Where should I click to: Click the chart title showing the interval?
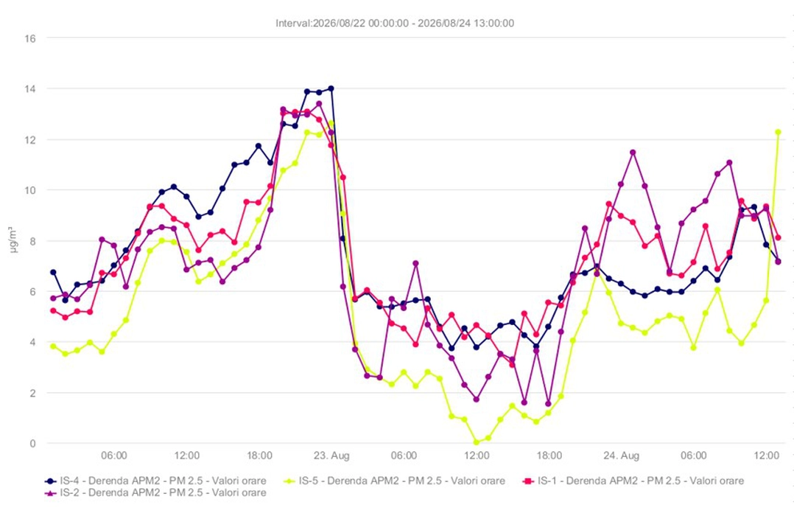pyautogui.click(x=395, y=24)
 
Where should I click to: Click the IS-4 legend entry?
pyautogui.click(x=155, y=481)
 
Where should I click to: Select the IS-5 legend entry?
pyautogui.click(x=395, y=481)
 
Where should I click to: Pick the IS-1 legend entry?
pyautogui.click(x=633, y=481)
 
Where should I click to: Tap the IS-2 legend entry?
pyautogui.click(x=155, y=492)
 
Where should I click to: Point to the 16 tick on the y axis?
pyautogui.click(x=30, y=38)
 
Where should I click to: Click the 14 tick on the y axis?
pyautogui.click(x=30, y=88)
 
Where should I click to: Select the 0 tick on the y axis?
pyautogui.click(x=33, y=444)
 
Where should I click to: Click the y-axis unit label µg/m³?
pyautogui.click(x=13, y=241)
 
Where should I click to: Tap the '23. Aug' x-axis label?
pyautogui.click(x=331, y=455)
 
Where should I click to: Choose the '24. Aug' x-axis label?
pyautogui.click(x=622, y=455)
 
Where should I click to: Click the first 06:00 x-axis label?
pyautogui.click(x=114, y=455)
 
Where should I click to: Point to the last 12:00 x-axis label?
pyautogui.click(x=766, y=455)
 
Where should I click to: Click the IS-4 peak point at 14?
pyautogui.click(x=331, y=88)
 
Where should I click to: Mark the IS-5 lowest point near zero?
pyautogui.click(x=477, y=442)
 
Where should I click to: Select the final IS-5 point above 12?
pyautogui.click(x=779, y=132)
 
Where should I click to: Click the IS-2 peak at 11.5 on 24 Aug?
pyautogui.click(x=633, y=152)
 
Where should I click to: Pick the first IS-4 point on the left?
pyautogui.click(x=53, y=272)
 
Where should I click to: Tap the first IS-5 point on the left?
pyautogui.click(x=53, y=346)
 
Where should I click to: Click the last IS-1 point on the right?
pyautogui.click(x=779, y=237)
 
